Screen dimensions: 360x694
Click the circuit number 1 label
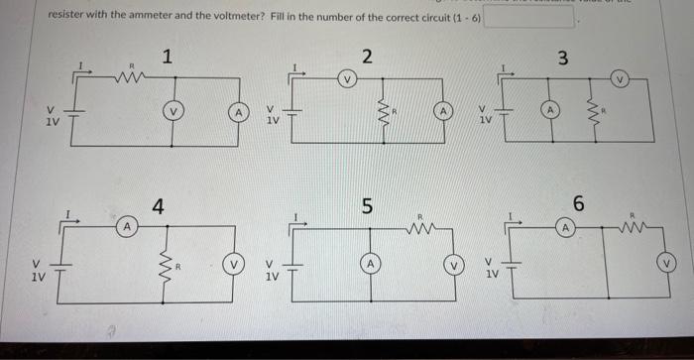(x=170, y=58)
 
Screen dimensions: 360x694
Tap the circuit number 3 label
(x=562, y=58)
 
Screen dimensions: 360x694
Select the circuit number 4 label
(x=159, y=206)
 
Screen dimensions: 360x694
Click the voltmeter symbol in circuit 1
(x=174, y=112)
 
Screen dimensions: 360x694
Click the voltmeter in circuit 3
(x=621, y=77)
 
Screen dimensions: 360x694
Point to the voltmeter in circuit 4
(x=236, y=266)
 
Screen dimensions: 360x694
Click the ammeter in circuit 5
(x=368, y=265)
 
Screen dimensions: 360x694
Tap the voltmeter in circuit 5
(x=454, y=266)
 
